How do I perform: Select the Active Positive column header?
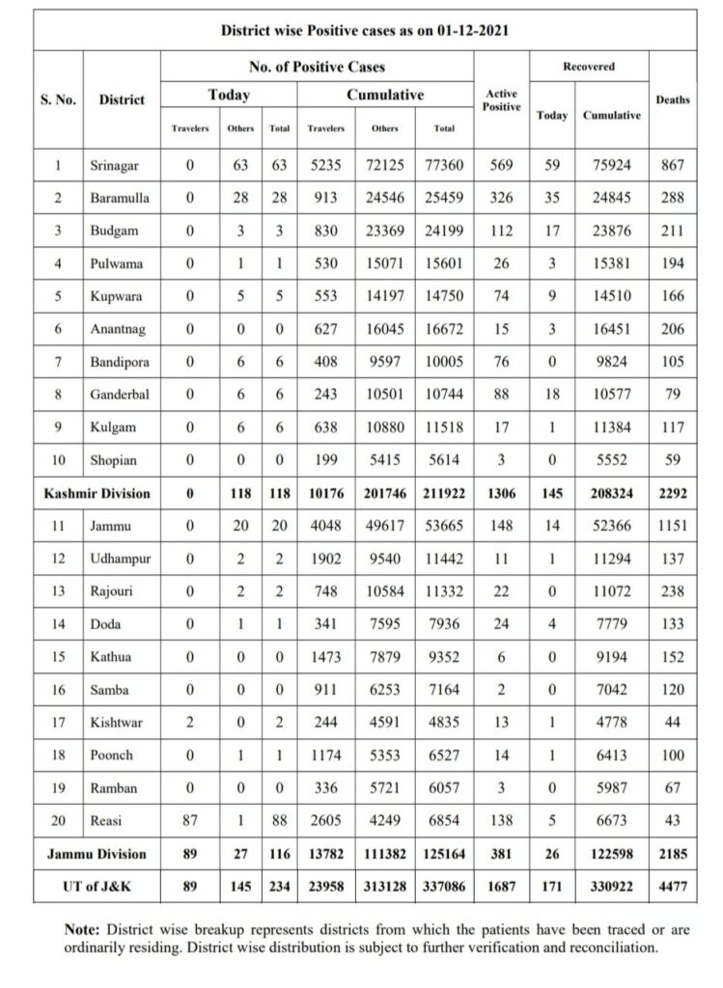pos(501,100)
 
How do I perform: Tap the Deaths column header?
pos(673,99)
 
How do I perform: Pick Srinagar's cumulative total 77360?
pos(444,165)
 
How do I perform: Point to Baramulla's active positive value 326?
pos(501,198)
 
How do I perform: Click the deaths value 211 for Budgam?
pos(673,231)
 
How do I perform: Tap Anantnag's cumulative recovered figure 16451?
pos(613,329)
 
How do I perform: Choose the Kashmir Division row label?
pos(97,493)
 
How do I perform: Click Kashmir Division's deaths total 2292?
pos(673,493)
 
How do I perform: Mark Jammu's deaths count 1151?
pos(673,526)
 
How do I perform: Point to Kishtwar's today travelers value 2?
pos(189,723)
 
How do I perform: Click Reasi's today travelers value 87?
pos(189,821)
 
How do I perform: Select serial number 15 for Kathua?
pos(58,657)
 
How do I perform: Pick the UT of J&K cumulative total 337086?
pos(444,886)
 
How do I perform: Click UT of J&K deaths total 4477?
pos(673,886)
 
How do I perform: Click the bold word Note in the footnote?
pos(84,930)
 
